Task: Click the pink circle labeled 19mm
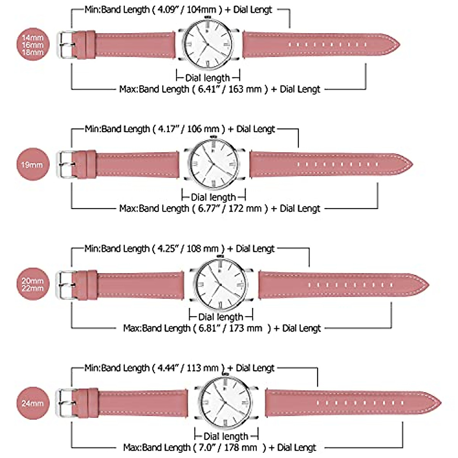click(32, 165)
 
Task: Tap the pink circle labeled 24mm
click(32, 403)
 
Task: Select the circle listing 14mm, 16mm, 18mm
click(32, 45)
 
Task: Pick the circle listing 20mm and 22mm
click(32, 284)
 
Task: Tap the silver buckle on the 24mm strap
click(64, 403)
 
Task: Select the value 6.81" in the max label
click(209, 328)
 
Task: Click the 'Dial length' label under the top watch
click(208, 78)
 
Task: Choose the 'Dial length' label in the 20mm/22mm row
click(221, 317)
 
